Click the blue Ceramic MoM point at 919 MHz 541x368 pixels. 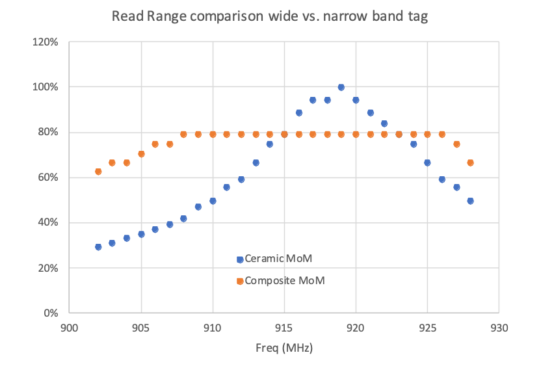click(341, 87)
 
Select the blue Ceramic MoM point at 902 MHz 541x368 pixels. click(98, 247)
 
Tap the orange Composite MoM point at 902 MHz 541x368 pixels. click(98, 172)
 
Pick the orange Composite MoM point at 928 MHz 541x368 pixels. click(470, 163)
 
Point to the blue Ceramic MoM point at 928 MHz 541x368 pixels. click(470, 201)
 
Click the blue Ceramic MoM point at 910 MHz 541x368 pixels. click(213, 201)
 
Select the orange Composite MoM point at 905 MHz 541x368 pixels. click(141, 154)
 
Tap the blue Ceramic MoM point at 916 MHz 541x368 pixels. click(298, 112)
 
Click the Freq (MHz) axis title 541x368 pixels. click(285, 348)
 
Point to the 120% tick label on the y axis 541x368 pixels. click(46, 42)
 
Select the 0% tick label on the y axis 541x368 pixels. click(51, 313)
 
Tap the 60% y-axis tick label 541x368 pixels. click(48, 177)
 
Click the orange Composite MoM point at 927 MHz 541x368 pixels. click(456, 144)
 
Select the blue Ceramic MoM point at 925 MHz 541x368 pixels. click(427, 163)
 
